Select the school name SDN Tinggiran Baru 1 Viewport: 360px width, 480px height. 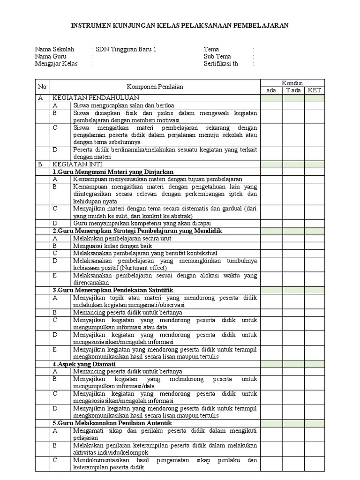(126, 49)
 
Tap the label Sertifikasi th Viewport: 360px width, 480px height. (221, 64)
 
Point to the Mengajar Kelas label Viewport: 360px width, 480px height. (56, 64)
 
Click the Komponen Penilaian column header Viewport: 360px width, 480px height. (155, 87)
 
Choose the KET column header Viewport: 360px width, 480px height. (314, 90)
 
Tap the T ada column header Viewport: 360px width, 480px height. (293, 90)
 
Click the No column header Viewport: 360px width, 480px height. (43, 87)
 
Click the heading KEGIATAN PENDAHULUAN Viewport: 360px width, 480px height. (96, 98)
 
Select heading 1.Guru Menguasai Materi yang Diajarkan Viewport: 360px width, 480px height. (113, 172)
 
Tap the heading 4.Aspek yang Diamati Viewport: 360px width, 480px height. (84, 364)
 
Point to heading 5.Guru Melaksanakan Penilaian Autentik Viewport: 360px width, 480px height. (119, 423)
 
